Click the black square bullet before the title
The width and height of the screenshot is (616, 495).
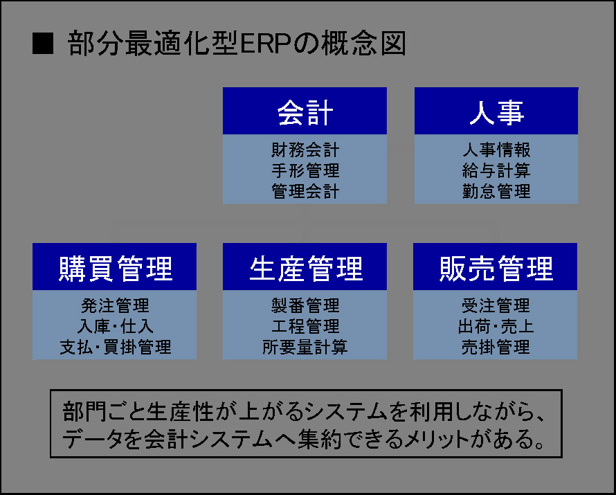click(x=43, y=43)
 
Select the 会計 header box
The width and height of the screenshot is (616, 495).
click(x=305, y=111)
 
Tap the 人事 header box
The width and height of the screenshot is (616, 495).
click(x=496, y=111)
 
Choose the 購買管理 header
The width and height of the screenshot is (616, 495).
click(x=114, y=267)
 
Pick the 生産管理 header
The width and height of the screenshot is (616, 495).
click(x=305, y=267)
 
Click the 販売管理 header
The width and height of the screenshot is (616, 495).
click(x=495, y=267)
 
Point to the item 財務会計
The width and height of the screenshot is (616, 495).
click(x=305, y=150)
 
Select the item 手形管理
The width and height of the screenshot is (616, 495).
click(x=305, y=170)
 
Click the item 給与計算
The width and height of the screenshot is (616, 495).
click(x=496, y=170)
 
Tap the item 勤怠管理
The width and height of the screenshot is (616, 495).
click(x=496, y=191)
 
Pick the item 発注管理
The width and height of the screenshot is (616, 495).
click(x=115, y=305)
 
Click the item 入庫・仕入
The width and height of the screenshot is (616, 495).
click(x=115, y=326)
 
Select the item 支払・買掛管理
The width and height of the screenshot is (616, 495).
click(x=115, y=347)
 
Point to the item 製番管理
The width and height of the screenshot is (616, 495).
click(x=305, y=305)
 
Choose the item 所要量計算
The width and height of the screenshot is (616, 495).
click(x=305, y=347)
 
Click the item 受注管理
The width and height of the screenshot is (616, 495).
click(x=496, y=305)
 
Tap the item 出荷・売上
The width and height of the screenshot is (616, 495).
click(x=496, y=326)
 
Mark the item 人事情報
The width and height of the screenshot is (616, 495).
click(x=496, y=150)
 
